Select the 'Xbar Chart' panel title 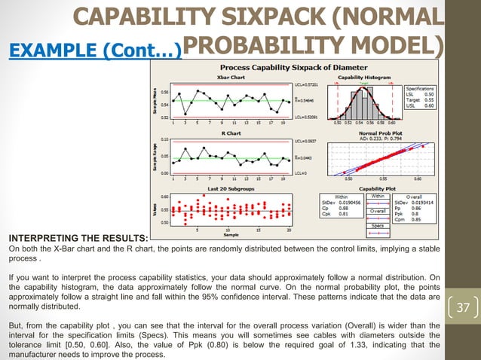coord(225,77)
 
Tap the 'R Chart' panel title coord(225,133)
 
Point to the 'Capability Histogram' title coord(363,77)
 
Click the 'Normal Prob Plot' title coord(363,133)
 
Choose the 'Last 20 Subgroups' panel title coord(225,188)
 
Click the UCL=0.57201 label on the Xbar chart coord(304,84)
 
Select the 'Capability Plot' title coord(363,188)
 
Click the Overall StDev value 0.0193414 coord(421,203)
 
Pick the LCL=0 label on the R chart coord(299,173)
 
